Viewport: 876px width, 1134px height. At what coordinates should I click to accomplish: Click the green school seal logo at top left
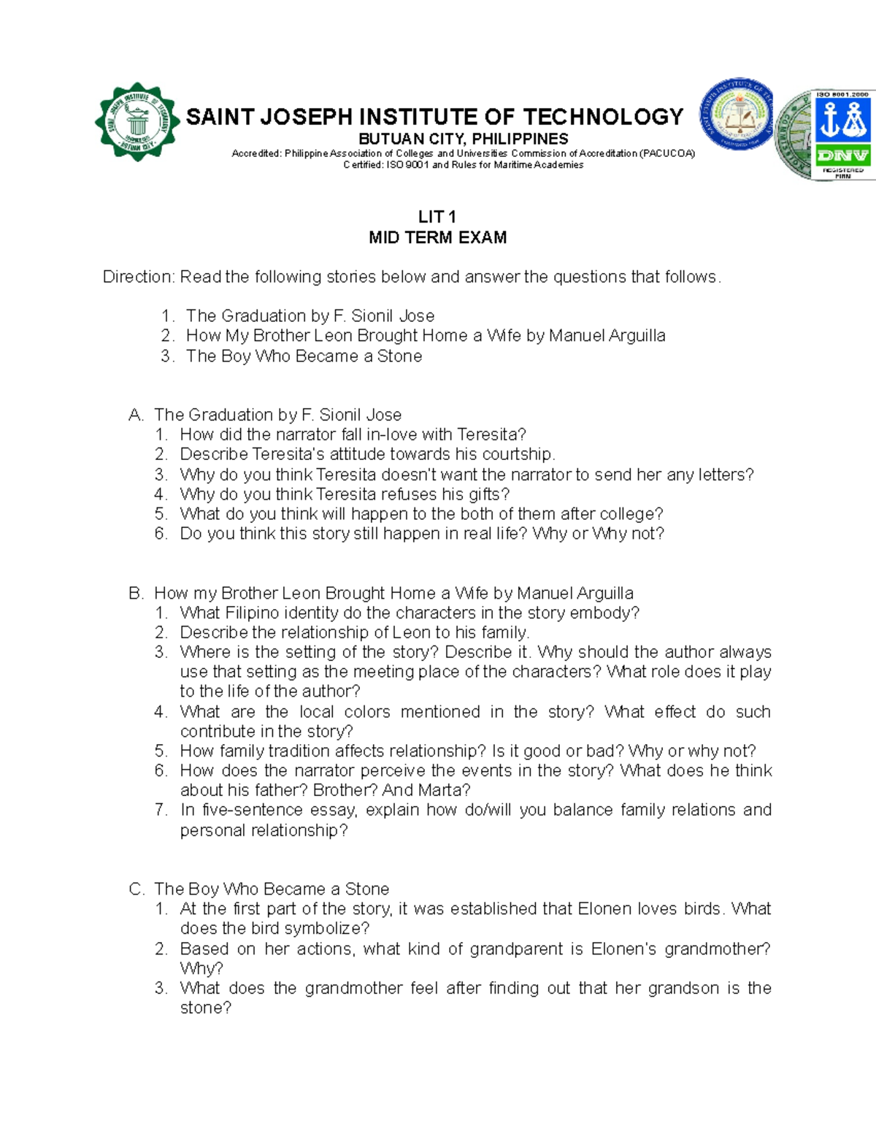coord(137,123)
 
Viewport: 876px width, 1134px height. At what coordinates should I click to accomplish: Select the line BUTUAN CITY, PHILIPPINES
coord(463,139)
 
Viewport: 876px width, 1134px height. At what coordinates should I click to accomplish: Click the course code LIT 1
coord(437,217)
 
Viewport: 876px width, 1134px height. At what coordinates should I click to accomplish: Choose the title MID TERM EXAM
coord(437,237)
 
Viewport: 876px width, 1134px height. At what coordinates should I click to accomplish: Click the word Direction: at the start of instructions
coord(139,277)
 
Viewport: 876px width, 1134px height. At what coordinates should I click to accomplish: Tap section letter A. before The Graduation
coord(136,415)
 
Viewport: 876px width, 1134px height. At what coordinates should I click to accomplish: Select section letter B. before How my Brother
coord(136,593)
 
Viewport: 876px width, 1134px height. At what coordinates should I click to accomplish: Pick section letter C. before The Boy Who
coord(136,889)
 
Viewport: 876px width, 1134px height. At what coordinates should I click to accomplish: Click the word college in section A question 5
coord(629,514)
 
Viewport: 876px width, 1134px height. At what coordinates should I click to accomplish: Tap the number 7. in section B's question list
coord(161,810)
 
